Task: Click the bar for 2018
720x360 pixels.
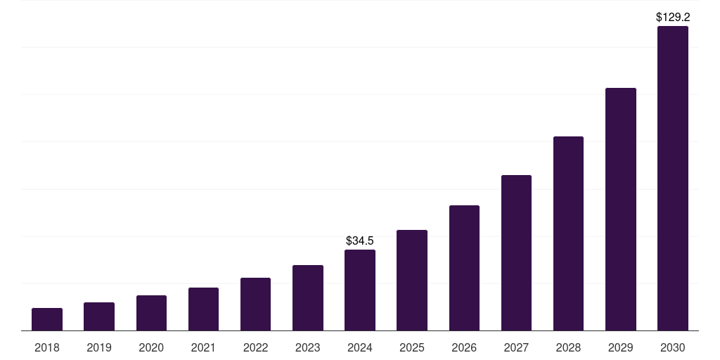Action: (x=47, y=319)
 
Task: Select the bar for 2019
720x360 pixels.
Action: (x=99, y=316)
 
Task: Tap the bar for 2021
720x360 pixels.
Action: (x=203, y=309)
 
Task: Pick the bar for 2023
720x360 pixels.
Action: (x=308, y=297)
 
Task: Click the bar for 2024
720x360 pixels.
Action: (x=360, y=290)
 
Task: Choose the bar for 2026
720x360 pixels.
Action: (x=464, y=268)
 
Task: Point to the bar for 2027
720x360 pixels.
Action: (x=516, y=252)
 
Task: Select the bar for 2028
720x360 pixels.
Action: (x=568, y=233)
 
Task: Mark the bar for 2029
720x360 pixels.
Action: (x=621, y=209)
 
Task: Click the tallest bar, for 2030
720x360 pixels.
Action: (x=673, y=179)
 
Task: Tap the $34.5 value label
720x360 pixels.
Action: (x=360, y=241)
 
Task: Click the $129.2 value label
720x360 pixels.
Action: (x=673, y=17)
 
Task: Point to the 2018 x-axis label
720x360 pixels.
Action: (x=47, y=347)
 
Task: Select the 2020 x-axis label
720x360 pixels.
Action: (x=151, y=347)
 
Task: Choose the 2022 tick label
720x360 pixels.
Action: (x=255, y=347)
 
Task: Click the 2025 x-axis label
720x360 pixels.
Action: (x=412, y=347)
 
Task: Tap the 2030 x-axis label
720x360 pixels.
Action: (x=673, y=347)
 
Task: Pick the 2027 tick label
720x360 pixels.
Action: (x=516, y=347)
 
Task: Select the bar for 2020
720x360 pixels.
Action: (x=151, y=313)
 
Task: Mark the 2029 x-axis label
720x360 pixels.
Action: (x=621, y=347)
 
